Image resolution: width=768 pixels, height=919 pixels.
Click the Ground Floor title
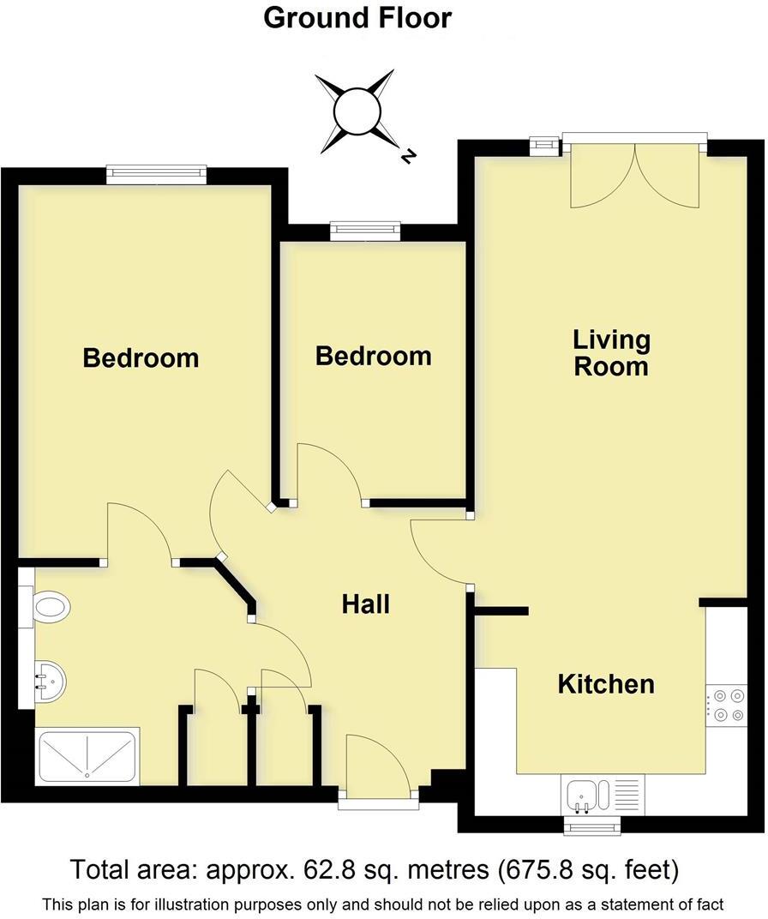tap(357, 17)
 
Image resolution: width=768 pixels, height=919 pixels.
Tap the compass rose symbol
tap(355, 112)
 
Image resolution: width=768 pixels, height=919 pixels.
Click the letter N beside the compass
tap(409, 156)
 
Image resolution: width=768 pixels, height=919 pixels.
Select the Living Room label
tap(611, 352)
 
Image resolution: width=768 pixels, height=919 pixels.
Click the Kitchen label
tap(606, 684)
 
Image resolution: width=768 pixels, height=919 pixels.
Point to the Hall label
tap(366, 604)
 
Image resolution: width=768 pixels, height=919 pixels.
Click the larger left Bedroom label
tap(141, 357)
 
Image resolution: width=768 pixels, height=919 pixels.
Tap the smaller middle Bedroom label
tap(373, 355)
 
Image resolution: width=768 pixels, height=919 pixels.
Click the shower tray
tap(87, 757)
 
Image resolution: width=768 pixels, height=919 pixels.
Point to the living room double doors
tap(634, 176)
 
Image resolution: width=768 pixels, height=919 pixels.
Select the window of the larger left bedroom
tap(157, 174)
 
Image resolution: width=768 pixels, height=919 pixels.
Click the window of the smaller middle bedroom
tap(365, 229)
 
